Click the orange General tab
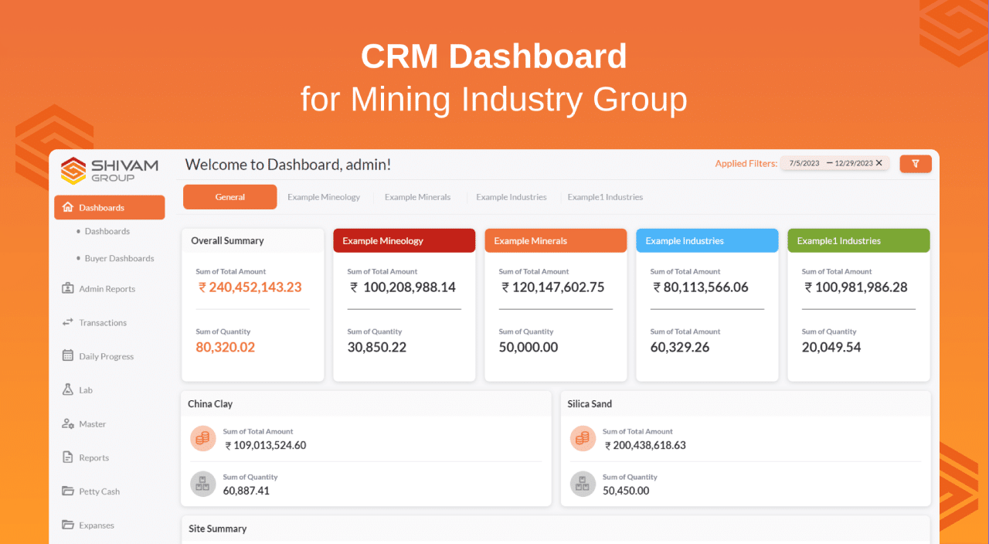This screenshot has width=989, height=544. click(229, 197)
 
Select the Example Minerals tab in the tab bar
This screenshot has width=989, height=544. click(417, 197)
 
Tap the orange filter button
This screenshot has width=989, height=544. click(916, 164)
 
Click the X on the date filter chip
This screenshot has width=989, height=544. click(879, 163)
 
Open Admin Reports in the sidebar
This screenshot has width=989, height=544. click(107, 289)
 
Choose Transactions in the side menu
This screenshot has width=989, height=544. click(102, 323)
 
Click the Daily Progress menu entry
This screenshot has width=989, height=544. click(106, 357)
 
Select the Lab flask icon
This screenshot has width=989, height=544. click(68, 390)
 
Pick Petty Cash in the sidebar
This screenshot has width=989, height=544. click(99, 491)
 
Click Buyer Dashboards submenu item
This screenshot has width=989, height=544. click(119, 259)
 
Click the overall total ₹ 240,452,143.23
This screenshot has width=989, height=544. click(250, 287)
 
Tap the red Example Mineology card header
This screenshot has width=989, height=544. click(404, 240)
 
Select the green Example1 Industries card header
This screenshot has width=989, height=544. click(858, 240)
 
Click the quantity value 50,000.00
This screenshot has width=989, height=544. click(528, 348)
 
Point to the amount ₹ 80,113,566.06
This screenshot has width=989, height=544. click(701, 287)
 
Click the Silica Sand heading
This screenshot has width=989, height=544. click(590, 404)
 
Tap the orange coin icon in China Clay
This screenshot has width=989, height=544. click(202, 439)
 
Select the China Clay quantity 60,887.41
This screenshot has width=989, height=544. click(246, 491)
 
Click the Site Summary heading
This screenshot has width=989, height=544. click(218, 529)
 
